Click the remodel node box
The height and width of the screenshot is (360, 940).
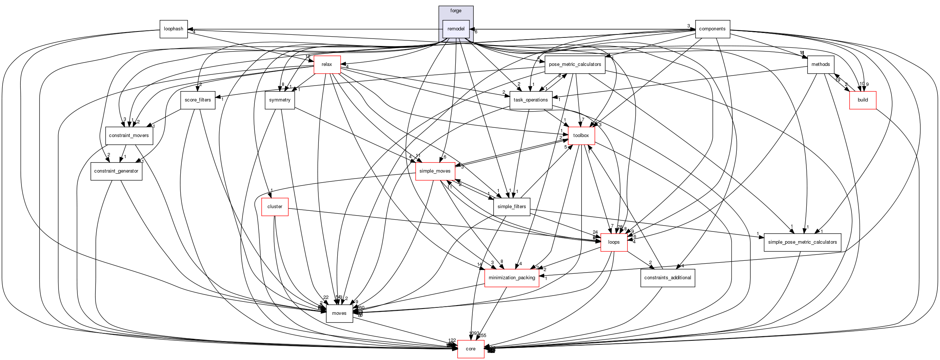[x=456, y=29]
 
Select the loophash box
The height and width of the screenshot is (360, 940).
[x=173, y=29]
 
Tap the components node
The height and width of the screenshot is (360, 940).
[x=712, y=29]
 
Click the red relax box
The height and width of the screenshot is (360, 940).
[x=327, y=64]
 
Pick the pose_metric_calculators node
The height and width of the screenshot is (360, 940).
[x=575, y=64]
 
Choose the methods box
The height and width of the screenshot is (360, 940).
[x=820, y=64]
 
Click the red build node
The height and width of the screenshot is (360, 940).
[x=863, y=100]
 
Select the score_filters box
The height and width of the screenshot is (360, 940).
[x=198, y=100]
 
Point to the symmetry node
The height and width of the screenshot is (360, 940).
[x=280, y=100]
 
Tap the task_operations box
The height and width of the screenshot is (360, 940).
[x=531, y=100]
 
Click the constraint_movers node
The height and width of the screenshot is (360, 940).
[x=129, y=136]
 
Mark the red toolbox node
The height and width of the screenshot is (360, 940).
[x=581, y=136]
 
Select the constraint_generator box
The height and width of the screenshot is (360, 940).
[x=116, y=171]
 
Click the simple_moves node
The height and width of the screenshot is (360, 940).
[x=435, y=171]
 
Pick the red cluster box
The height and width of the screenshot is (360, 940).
[x=275, y=207]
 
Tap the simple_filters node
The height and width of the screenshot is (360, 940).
[x=512, y=207]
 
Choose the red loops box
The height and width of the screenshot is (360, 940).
[x=614, y=242]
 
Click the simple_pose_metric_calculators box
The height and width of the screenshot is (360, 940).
[x=802, y=242]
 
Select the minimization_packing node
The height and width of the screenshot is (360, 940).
[x=512, y=278]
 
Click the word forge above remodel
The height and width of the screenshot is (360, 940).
[x=456, y=11]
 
